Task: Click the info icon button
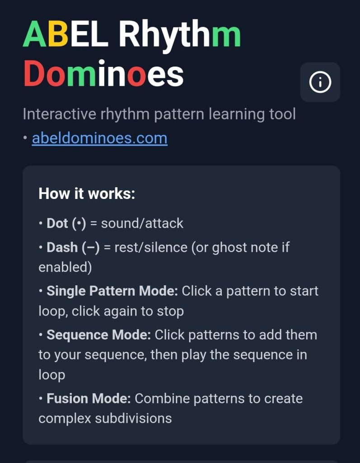[x=320, y=82]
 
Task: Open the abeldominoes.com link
[x=100, y=138]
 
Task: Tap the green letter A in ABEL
[x=35, y=34]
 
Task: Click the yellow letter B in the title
[x=58, y=34]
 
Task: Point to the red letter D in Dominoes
[x=34, y=73]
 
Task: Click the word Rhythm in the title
[x=180, y=36]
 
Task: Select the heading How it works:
[x=87, y=194]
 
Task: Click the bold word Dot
[x=57, y=223]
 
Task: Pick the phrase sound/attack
[x=142, y=223]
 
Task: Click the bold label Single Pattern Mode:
[x=112, y=291]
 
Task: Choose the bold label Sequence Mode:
[x=99, y=335]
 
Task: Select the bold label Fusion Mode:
[x=89, y=399]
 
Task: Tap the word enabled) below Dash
[x=65, y=267]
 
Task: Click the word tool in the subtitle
[x=282, y=114]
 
